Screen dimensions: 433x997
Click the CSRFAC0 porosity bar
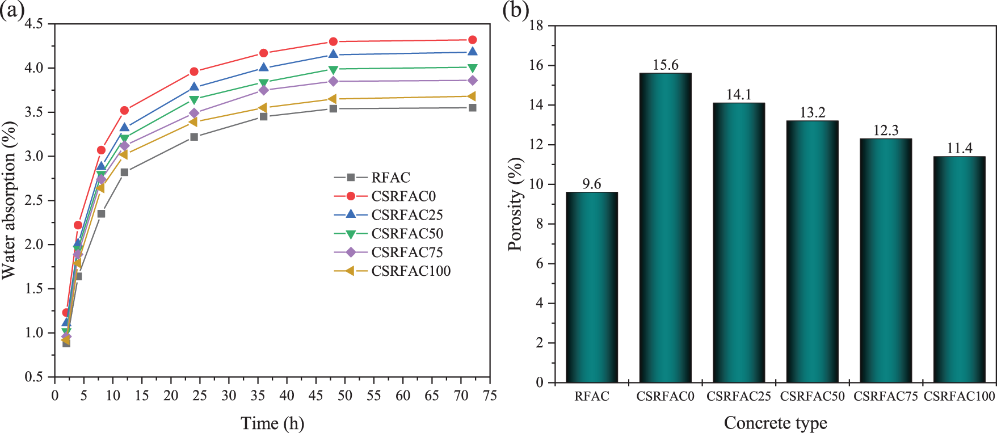(665, 227)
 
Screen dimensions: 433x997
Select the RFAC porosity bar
(592, 287)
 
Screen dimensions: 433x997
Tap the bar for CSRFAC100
(959, 269)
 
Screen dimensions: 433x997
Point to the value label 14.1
(739, 94)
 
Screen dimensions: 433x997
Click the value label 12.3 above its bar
(886, 131)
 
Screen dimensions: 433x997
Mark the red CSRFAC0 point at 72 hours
(472, 40)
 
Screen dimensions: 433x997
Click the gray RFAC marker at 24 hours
(194, 137)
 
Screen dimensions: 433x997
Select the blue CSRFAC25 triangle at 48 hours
(334, 54)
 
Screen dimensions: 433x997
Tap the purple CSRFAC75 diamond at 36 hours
(264, 90)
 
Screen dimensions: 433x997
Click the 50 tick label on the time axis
(345, 396)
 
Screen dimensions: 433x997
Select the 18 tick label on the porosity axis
(536, 26)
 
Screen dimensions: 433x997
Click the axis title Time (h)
(272, 423)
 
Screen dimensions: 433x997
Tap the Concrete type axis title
(775, 423)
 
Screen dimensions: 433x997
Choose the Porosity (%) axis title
(515, 204)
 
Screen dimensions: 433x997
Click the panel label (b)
(515, 10)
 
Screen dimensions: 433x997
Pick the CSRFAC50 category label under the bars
(812, 396)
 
